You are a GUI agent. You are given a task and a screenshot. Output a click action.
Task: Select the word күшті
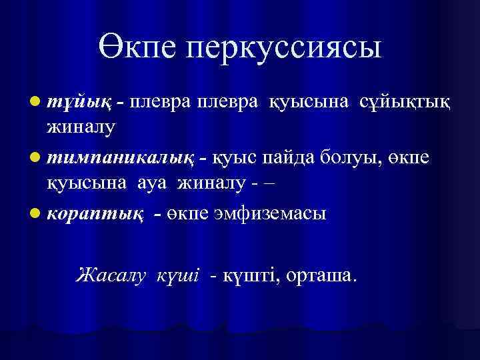(x=249, y=274)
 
